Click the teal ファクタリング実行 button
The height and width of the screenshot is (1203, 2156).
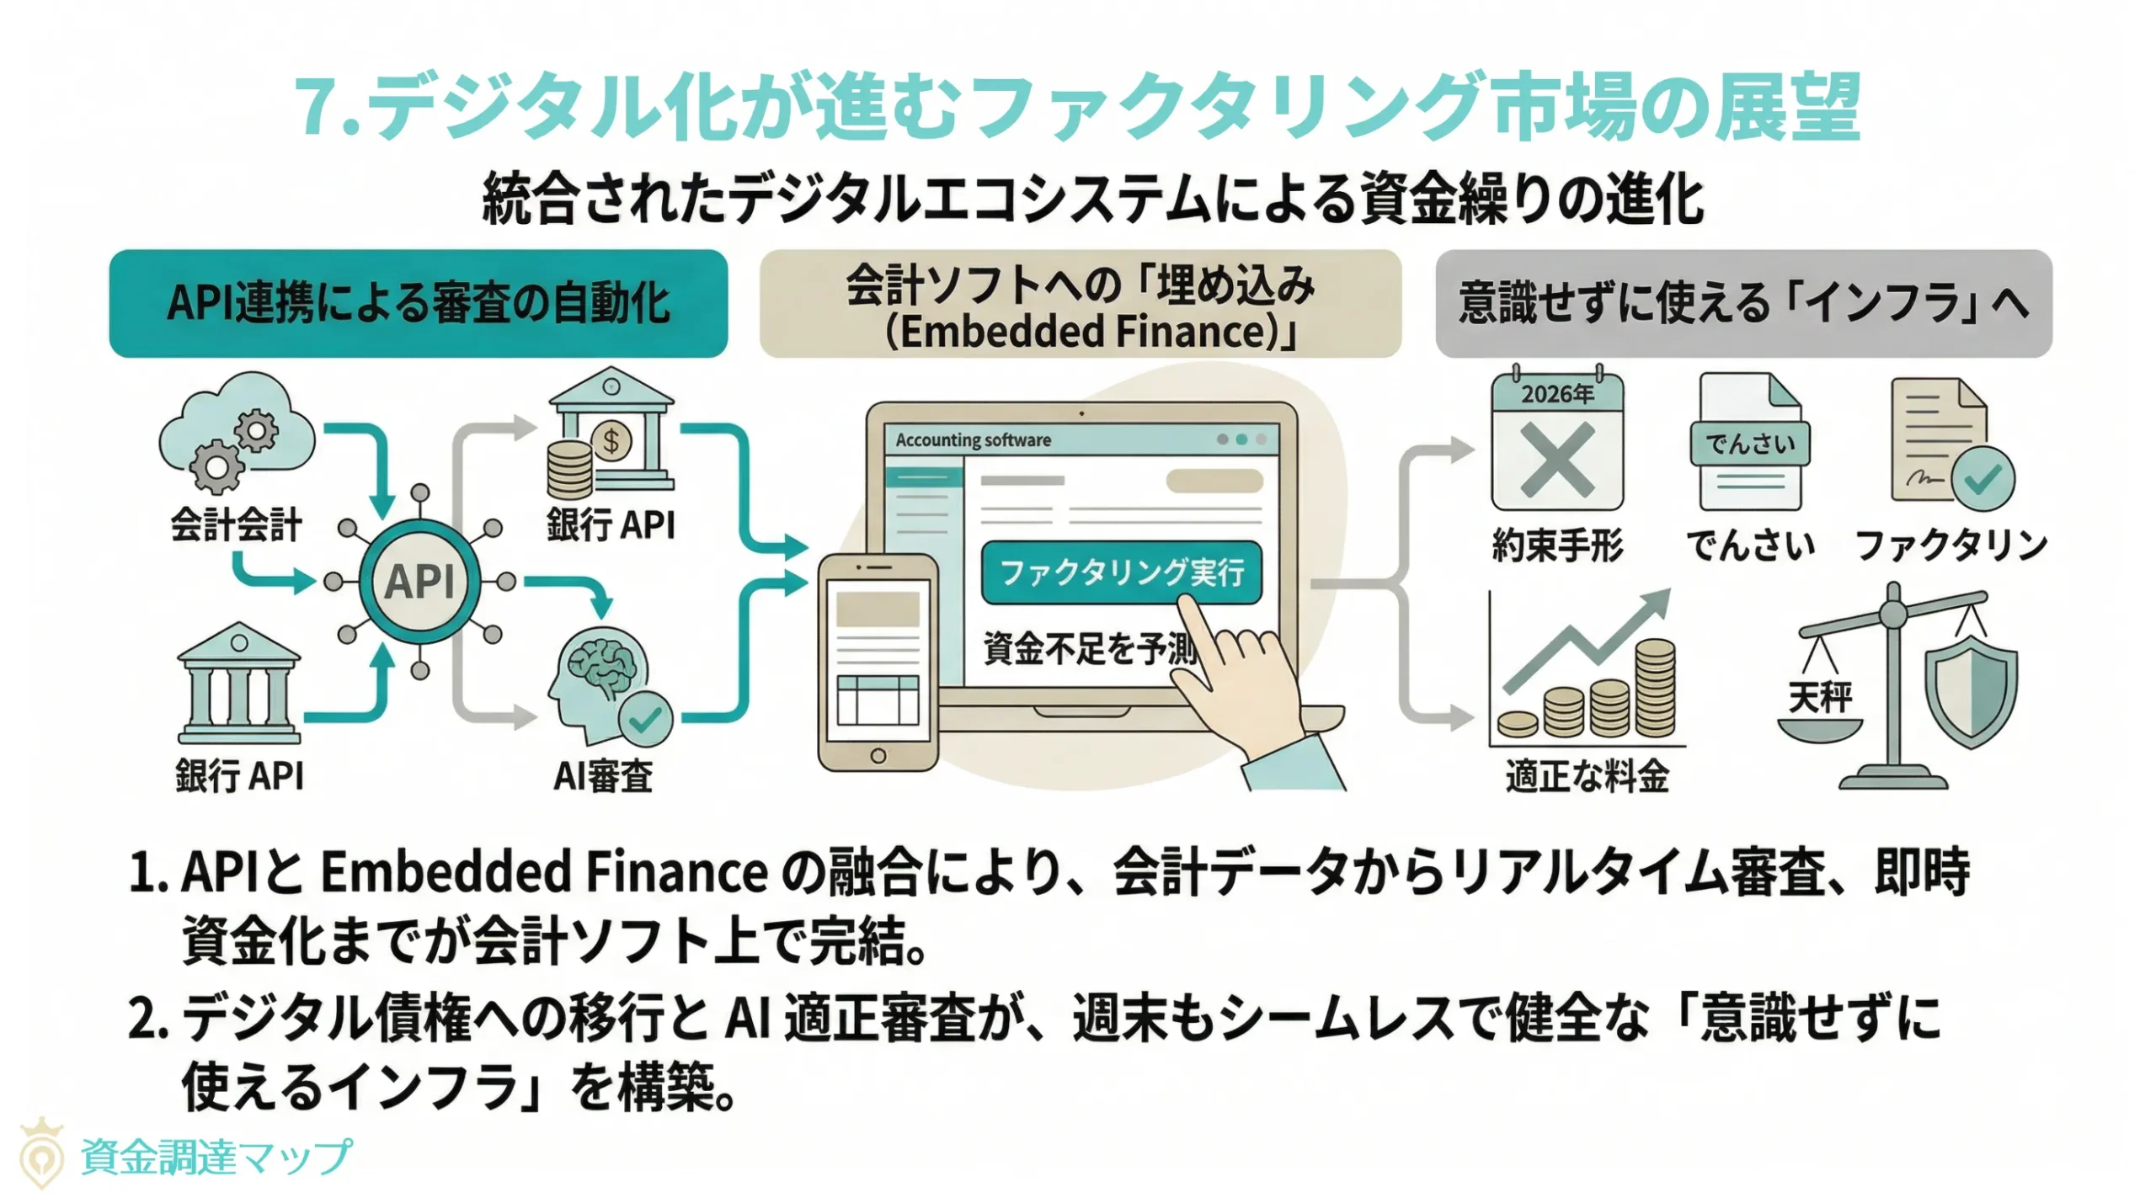(x=1121, y=572)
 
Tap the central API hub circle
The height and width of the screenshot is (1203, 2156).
(x=419, y=581)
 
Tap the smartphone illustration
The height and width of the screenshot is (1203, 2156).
(x=878, y=662)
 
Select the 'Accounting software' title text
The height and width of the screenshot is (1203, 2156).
(x=973, y=439)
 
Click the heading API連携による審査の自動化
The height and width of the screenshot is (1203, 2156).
(x=418, y=304)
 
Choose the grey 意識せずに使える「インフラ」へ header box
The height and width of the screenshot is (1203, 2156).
(x=1743, y=304)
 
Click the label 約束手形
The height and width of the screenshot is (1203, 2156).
(x=1557, y=546)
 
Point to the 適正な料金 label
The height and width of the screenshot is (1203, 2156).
(x=1587, y=775)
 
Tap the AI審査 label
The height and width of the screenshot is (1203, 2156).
(x=603, y=775)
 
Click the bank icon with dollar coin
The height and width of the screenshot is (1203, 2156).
(x=611, y=434)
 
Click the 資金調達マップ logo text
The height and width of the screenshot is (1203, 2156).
(x=216, y=1157)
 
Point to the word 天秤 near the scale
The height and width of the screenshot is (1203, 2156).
(x=1820, y=696)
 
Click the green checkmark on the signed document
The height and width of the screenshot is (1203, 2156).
(x=1983, y=479)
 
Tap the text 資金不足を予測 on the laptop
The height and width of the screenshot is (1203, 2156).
(x=1090, y=648)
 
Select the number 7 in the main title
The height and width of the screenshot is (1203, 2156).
(x=318, y=107)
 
